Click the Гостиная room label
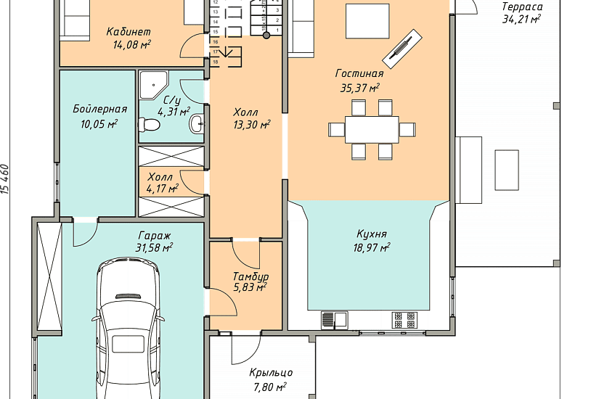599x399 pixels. pos(359,73)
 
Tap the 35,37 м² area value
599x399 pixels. pos(359,88)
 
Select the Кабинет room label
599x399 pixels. pos(129,31)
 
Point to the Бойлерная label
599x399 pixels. pos(99,110)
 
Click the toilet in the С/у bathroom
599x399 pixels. pos(149,125)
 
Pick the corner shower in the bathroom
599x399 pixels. pos(152,85)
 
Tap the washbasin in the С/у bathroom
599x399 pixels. pos(197,123)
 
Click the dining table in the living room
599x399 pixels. pos(372,129)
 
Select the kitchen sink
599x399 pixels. pos(335,320)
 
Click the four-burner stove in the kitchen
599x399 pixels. pos(404,320)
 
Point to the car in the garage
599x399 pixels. pos(129,329)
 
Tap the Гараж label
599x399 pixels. pos(155,235)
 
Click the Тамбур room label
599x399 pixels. pos(250,276)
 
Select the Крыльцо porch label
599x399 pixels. pos(271,372)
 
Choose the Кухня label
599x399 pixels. pos(371,234)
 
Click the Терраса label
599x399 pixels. pos(522,7)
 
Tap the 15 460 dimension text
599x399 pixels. pos(5,179)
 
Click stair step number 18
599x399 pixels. pos(216,62)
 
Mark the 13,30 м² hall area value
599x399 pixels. pos(252,125)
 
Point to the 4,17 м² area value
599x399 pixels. pos(163,188)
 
